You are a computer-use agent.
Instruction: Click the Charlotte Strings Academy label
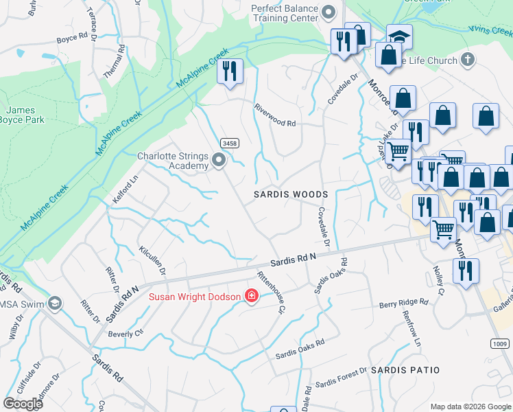173,161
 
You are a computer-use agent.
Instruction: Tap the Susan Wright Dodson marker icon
252,297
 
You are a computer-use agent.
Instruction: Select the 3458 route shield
230,143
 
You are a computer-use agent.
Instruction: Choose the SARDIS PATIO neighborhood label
405,370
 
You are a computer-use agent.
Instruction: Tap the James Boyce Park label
25,115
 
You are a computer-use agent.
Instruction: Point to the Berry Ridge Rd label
404,301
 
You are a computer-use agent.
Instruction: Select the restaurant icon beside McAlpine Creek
230,71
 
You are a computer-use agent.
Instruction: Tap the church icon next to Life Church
468,60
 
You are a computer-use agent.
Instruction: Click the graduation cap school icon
398,36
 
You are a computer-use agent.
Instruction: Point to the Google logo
23,404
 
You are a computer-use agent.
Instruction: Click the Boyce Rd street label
72,38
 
